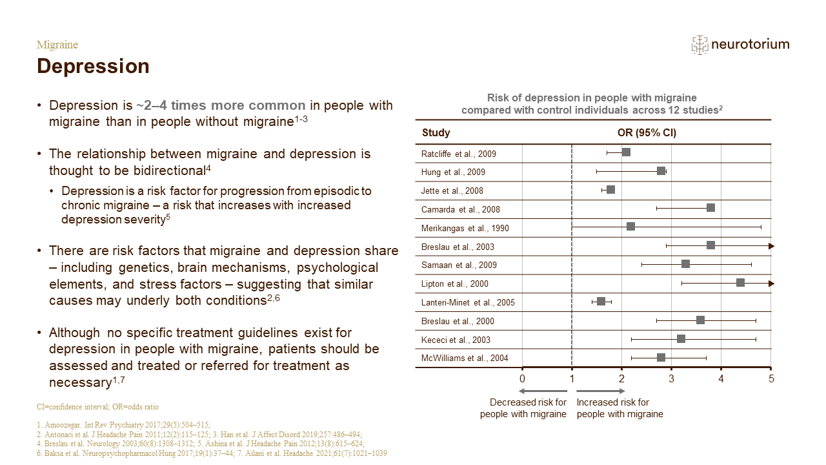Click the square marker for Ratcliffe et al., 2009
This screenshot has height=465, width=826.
[x=626, y=152]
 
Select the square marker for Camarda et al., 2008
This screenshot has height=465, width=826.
[x=710, y=208]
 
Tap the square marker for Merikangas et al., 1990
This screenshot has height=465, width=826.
[x=630, y=226]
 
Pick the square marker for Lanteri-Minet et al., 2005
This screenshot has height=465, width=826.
[x=601, y=302]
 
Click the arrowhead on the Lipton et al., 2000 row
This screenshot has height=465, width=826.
[x=771, y=284]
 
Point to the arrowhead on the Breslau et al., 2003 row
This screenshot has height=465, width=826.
[x=771, y=246]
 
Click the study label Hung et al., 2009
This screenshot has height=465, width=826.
[x=453, y=172]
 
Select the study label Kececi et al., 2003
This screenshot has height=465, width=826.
[x=456, y=340]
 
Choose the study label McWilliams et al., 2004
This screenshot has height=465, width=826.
[x=465, y=358]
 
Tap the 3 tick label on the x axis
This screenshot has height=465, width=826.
[x=672, y=378]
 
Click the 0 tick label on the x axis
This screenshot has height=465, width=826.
[x=522, y=378]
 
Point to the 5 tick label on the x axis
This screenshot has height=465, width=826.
[x=771, y=378]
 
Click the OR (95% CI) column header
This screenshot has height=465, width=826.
[x=647, y=132]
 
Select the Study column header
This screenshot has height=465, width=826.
[x=436, y=132]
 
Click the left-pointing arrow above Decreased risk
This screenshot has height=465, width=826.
[x=543, y=391]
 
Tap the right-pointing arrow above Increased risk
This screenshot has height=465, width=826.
[x=601, y=391]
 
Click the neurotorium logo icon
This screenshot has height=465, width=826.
[x=700, y=45]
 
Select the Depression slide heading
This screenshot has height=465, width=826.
[x=94, y=67]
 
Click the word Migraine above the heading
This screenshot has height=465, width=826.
[x=57, y=45]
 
